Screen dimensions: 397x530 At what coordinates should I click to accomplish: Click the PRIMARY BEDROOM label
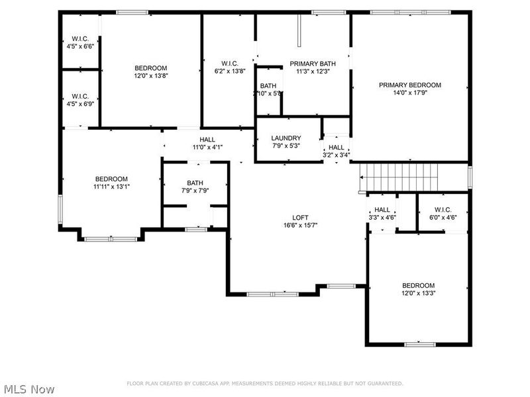409,85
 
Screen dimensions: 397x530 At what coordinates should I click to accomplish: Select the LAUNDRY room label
286,138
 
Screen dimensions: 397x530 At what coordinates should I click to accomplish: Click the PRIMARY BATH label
313,64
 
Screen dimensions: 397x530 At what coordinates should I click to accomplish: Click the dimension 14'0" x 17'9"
409,93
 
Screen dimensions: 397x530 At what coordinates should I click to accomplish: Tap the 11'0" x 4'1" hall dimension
208,147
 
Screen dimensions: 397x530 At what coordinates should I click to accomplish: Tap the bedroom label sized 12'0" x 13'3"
418,285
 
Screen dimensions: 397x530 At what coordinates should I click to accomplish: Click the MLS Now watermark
28,389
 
